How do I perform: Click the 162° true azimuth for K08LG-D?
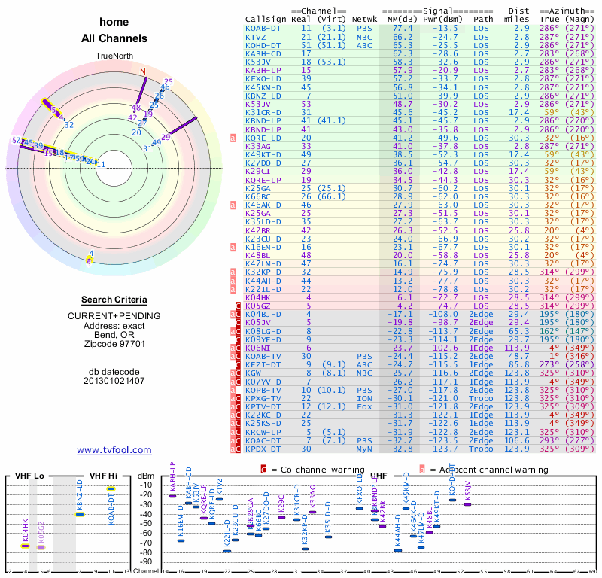point(550,330)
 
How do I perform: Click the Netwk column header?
point(365,20)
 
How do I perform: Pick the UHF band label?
point(379,476)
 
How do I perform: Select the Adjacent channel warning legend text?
point(488,470)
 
